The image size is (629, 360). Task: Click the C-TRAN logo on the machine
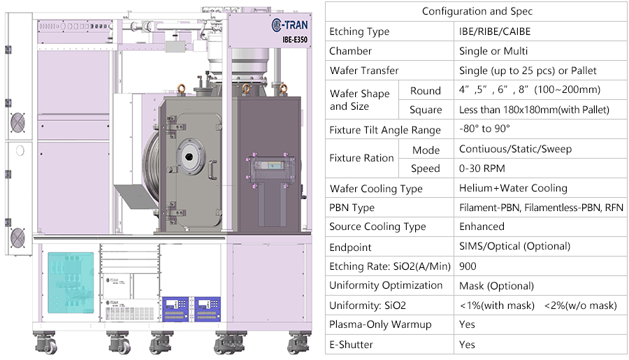(x=291, y=26)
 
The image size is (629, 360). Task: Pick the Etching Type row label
(x=359, y=31)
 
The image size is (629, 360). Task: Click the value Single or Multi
(x=493, y=51)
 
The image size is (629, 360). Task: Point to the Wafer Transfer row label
(x=364, y=71)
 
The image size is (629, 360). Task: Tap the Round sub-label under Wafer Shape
(x=426, y=91)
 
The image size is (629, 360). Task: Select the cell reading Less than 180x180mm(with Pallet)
(x=534, y=110)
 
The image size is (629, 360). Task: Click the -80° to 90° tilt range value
(x=484, y=130)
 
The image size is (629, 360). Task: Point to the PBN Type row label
(x=352, y=208)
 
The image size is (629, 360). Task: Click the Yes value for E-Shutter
(x=467, y=344)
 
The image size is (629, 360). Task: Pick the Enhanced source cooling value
(x=482, y=226)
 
